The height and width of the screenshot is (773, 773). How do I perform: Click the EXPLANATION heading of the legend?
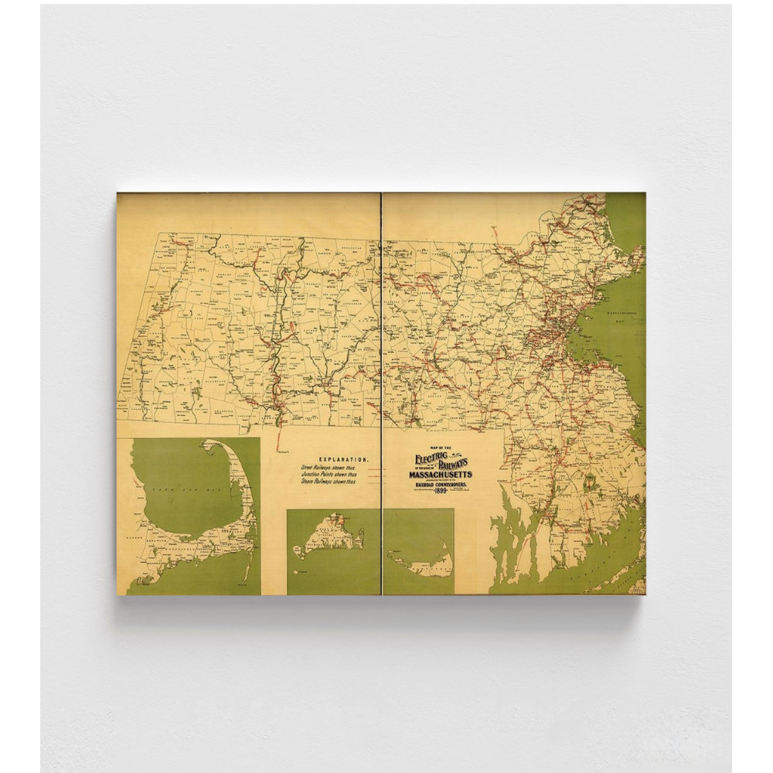point(343,459)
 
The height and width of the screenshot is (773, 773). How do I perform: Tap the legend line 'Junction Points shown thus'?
point(329,475)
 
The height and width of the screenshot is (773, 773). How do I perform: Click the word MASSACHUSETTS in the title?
point(441,474)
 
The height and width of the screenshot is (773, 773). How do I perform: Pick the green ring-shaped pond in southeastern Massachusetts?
point(591,483)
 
